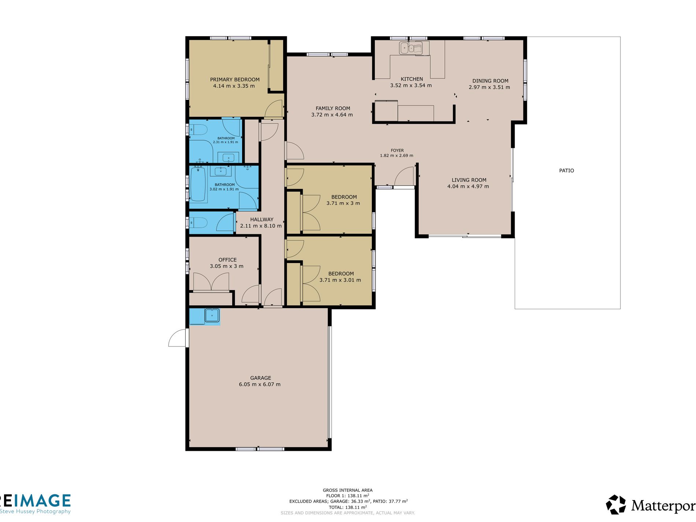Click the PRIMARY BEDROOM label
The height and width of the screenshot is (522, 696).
(x=234, y=79)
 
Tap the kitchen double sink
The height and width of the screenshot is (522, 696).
(x=410, y=48)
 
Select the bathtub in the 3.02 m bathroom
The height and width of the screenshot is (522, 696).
(x=198, y=184)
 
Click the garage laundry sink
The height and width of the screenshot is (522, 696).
(x=212, y=315)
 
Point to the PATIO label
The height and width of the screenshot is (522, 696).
(x=566, y=171)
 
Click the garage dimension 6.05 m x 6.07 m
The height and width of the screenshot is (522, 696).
(x=260, y=384)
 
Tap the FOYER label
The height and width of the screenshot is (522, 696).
(x=397, y=151)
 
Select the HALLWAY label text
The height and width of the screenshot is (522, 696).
(x=262, y=219)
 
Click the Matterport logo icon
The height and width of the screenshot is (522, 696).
(x=616, y=505)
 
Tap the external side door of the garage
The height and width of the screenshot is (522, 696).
(x=177, y=338)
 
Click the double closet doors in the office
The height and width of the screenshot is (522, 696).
(x=211, y=281)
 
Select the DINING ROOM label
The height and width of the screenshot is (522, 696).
(x=490, y=81)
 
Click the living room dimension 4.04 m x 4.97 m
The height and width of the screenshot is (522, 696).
(x=468, y=186)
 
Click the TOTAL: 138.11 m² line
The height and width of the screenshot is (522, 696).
(x=348, y=507)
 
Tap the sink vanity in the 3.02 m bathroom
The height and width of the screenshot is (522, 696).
(x=220, y=171)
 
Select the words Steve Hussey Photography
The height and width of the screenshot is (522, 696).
(x=35, y=511)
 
